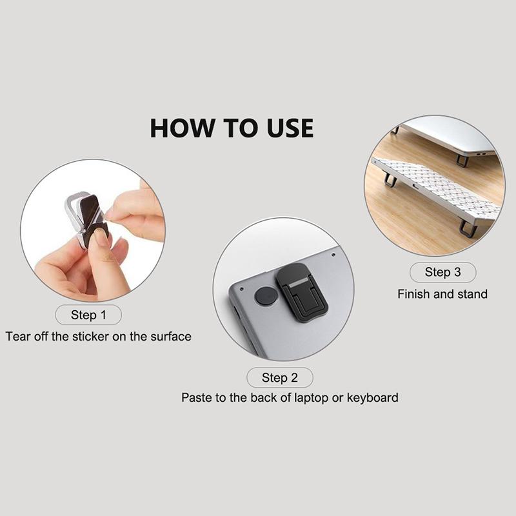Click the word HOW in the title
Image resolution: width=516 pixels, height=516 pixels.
click(x=182, y=128)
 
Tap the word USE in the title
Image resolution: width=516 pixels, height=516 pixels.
click(x=290, y=128)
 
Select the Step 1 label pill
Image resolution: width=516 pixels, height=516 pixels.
click(x=88, y=315)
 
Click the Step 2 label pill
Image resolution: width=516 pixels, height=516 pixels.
click(x=280, y=377)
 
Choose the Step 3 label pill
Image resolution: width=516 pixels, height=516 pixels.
click(x=443, y=272)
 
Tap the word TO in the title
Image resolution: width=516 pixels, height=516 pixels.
click(x=241, y=128)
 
